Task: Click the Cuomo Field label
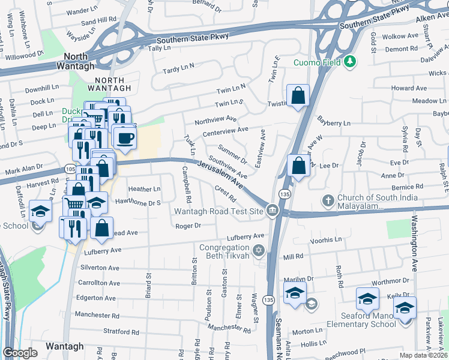[316, 62]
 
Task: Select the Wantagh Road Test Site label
[219, 211]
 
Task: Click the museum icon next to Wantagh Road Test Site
[273, 210]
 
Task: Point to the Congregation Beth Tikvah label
[224, 252]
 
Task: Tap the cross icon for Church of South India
[328, 200]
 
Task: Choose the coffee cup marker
[124, 137]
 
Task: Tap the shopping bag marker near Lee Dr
[298, 165]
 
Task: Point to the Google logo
[20, 353]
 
